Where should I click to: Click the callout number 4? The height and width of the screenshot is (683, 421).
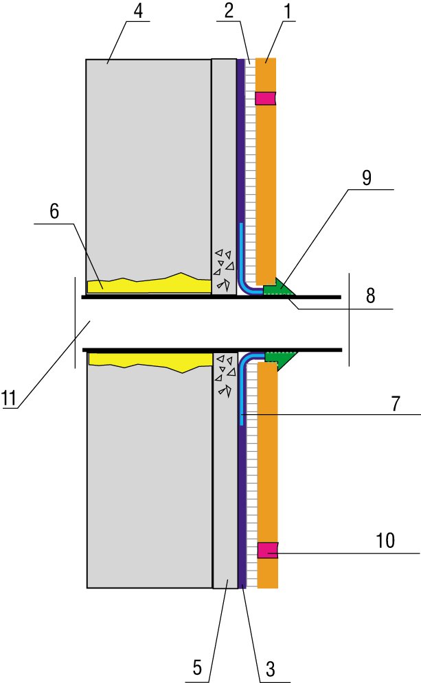coord(138,12)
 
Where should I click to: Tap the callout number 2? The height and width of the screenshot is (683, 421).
coord(229,12)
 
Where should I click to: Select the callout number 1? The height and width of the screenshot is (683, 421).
coord(287,12)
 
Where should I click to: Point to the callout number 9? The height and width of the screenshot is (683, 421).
coord(367,178)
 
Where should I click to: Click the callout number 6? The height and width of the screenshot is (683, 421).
coord(54,211)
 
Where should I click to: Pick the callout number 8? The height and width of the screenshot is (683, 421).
coord(370,296)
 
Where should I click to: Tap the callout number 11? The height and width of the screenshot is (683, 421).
coord(9,398)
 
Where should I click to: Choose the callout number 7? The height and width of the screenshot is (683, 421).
coord(396,404)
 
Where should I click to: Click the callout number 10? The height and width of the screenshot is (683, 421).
coord(385,540)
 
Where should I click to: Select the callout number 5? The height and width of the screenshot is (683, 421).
coord(197,667)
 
